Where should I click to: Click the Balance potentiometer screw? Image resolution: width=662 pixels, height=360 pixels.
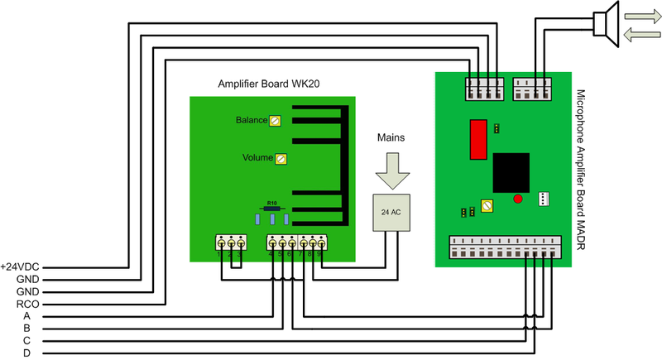(276, 121)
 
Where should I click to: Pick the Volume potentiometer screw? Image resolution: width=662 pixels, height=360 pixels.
(281, 158)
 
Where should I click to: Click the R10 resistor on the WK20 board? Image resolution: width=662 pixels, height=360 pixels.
(270, 208)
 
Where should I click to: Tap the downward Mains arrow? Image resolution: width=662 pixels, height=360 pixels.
(390, 171)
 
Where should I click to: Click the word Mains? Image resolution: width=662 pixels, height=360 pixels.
(390, 136)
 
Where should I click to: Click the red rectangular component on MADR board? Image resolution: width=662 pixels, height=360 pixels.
(477, 138)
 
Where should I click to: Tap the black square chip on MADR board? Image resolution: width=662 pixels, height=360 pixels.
(511, 171)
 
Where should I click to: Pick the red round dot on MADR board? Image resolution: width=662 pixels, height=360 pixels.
(518, 199)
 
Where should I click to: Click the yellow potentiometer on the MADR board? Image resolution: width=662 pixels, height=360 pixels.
(487, 206)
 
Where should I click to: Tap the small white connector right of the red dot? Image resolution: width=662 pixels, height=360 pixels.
(543, 199)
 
